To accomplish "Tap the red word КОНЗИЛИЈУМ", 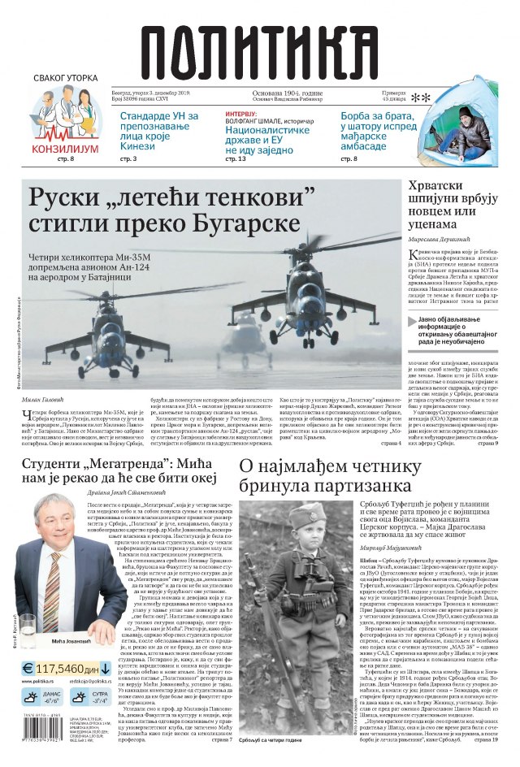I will (x=65, y=149).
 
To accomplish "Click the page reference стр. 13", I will (x=235, y=158).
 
